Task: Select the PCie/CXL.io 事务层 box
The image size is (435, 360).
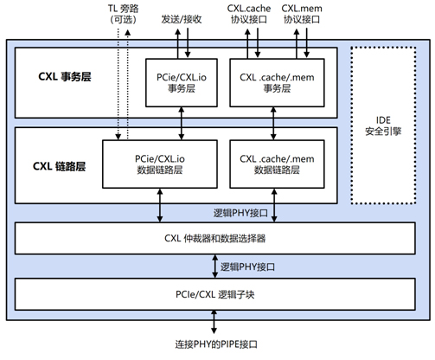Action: pyautogui.click(x=182, y=83)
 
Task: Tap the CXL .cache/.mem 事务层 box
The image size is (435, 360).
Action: pyautogui.click(x=277, y=83)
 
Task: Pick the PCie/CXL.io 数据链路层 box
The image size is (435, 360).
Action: pyautogui.click(x=160, y=164)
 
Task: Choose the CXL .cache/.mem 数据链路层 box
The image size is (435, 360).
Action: pyautogui.click(x=277, y=164)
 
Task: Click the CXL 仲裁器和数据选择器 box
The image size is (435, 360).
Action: pyautogui.click(x=215, y=238)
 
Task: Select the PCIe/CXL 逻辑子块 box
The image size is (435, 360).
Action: pyautogui.click(x=215, y=294)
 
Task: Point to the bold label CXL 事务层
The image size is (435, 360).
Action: pyautogui.click(x=65, y=77)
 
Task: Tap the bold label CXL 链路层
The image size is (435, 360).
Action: pyautogui.click(x=59, y=166)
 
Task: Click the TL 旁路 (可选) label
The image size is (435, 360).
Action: pyautogui.click(x=123, y=14)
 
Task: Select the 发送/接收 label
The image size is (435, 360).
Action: pyautogui.click(x=182, y=19)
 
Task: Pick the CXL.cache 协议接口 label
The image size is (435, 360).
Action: pyautogui.click(x=249, y=14)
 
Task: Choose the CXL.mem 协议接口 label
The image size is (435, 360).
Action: pyautogui.click(x=302, y=14)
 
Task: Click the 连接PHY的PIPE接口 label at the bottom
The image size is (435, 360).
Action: pyautogui.click(x=216, y=344)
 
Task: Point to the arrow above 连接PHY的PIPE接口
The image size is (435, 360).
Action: pyautogui.click(x=214, y=322)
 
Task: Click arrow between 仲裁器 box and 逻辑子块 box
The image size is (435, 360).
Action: pyautogui.click(x=214, y=267)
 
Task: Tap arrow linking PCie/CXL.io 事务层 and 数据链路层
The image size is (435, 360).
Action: pyautogui.click(x=182, y=124)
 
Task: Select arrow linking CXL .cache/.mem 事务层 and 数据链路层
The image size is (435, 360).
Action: pyautogui.click(x=273, y=124)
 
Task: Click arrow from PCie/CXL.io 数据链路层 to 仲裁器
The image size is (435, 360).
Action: pyautogui.click(x=160, y=205)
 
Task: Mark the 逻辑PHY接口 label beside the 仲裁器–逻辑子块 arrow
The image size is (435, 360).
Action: pyautogui.click(x=247, y=267)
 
